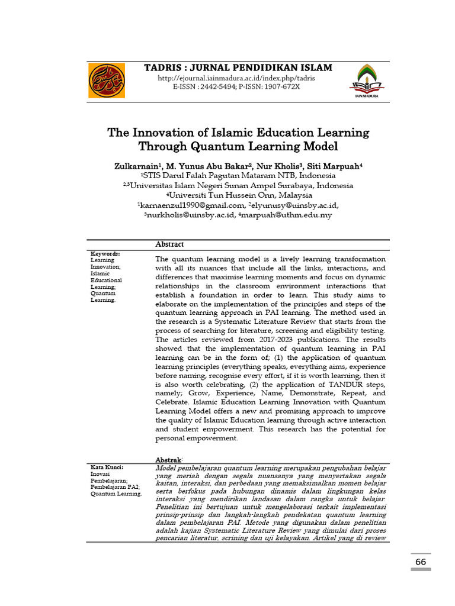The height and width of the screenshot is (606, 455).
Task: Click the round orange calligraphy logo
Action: (107, 80)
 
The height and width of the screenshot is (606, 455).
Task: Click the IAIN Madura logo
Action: (367, 81)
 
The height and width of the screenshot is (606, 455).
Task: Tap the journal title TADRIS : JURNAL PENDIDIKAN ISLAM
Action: (238, 67)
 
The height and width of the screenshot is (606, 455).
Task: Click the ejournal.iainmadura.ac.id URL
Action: (236, 78)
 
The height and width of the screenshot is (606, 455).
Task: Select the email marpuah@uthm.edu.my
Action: (287, 215)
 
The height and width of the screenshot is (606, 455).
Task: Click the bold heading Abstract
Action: (169, 244)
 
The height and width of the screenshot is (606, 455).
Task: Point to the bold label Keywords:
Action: (105, 253)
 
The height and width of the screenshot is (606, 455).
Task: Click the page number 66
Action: (421, 561)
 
